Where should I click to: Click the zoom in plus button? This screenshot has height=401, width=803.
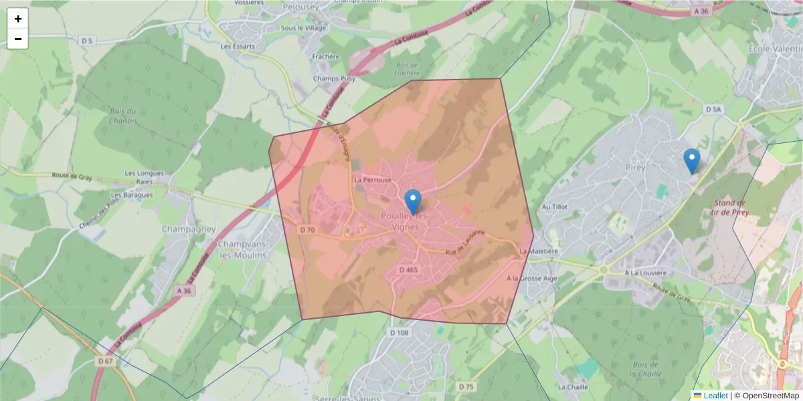(18, 19)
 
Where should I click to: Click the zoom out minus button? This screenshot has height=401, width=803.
(18, 39)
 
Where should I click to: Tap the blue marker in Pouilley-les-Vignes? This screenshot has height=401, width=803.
(414, 201)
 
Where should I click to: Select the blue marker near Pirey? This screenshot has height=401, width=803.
(692, 161)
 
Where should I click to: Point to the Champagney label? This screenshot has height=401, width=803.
(189, 229)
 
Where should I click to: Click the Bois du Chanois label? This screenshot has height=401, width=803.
(123, 116)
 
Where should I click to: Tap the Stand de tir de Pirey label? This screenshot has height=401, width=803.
(730, 207)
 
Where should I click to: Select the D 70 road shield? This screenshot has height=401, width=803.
(307, 229)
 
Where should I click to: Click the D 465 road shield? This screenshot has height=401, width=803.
(408, 269)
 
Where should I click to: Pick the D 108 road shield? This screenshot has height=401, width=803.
(398, 332)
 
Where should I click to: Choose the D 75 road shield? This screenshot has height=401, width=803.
(466, 386)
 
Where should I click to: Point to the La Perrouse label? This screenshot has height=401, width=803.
(373, 180)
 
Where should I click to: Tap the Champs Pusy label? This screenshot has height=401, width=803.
(333, 78)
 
